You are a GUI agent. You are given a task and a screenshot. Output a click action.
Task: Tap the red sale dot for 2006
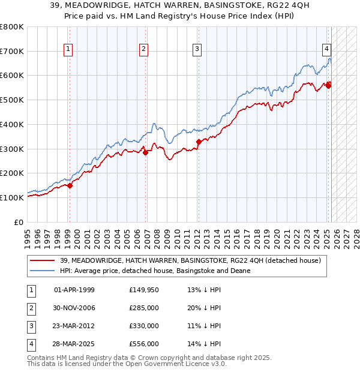pyautogui.click(x=145, y=152)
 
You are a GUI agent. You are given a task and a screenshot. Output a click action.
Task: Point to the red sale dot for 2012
pyautogui.click(x=199, y=142)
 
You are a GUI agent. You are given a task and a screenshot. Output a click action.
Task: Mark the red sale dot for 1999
pyautogui.click(x=70, y=185)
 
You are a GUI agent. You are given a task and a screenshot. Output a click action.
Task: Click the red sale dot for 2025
pyautogui.click(x=329, y=85)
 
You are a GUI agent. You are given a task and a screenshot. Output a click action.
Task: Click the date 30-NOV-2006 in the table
pyautogui.click(x=74, y=308)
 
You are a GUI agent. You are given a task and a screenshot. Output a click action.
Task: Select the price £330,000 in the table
pyautogui.click(x=144, y=326)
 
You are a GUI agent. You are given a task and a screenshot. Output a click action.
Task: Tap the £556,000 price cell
pyautogui.click(x=144, y=344)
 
